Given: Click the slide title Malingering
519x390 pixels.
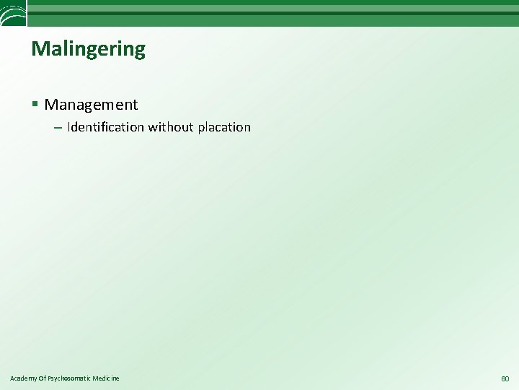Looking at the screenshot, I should [x=88, y=49].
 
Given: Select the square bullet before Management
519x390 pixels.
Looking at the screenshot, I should [x=35, y=105].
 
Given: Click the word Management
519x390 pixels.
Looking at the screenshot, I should [x=91, y=105].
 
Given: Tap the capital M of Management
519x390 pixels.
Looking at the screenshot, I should [x=51, y=105].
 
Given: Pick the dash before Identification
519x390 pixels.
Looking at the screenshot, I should [x=58, y=128].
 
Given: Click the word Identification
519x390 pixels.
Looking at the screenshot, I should [x=105, y=127].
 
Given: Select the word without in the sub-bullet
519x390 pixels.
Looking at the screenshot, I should [x=170, y=127].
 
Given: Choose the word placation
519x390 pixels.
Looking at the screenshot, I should [x=223, y=128].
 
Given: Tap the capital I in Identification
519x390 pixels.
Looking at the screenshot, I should [x=69, y=127].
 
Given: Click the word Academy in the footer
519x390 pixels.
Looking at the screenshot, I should [x=22, y=378].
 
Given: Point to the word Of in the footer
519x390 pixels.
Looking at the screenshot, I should [x=43, y=378].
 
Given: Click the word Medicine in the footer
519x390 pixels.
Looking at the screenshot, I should [x=107, y=378].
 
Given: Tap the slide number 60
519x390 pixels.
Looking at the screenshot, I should [x=505, y=378].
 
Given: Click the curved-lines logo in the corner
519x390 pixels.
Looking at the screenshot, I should [x=13, y=12].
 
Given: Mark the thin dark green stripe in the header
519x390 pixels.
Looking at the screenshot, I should [x=274, y=13].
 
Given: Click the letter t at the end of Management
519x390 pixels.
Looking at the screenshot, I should [x=135, y=105].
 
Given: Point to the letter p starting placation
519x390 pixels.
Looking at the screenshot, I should [x=200, y=129].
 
